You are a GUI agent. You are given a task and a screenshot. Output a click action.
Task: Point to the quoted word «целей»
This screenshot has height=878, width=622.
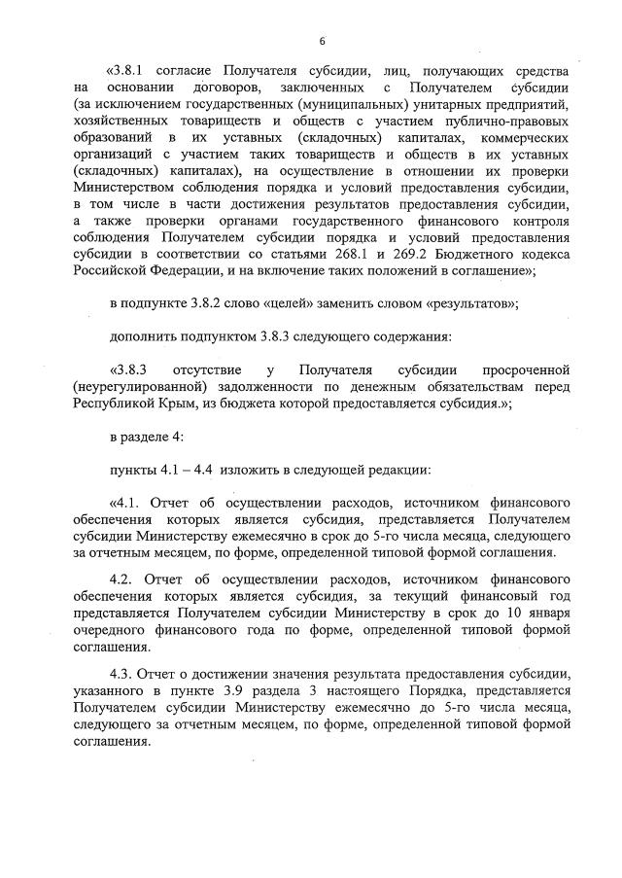[x=284, y=303]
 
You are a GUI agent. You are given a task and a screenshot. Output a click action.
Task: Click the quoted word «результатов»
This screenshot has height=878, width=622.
[x=470, y=303]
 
